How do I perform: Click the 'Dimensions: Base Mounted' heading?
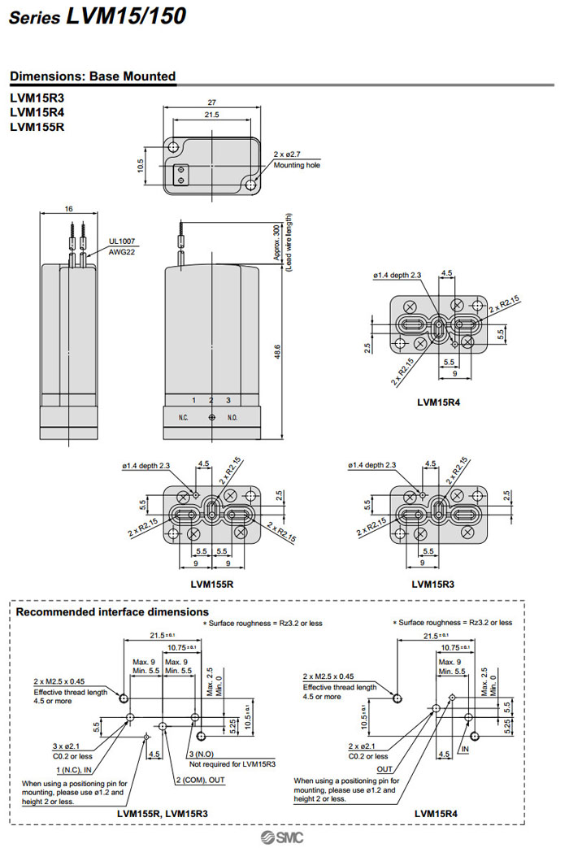[93, 76]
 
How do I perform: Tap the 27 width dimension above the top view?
[211, 103]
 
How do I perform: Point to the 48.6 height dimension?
[277, 351]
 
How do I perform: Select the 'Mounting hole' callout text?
[297, 165]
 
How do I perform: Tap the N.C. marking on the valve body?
[184, 416]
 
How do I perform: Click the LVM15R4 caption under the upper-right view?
[439, 402]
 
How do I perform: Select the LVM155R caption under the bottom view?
[212, 584]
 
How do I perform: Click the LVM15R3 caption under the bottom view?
[433, 584]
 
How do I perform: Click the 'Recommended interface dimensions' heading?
[112, 611]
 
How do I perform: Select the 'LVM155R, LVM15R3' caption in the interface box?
[163, 813]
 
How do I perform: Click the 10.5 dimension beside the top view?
[141, 166]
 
